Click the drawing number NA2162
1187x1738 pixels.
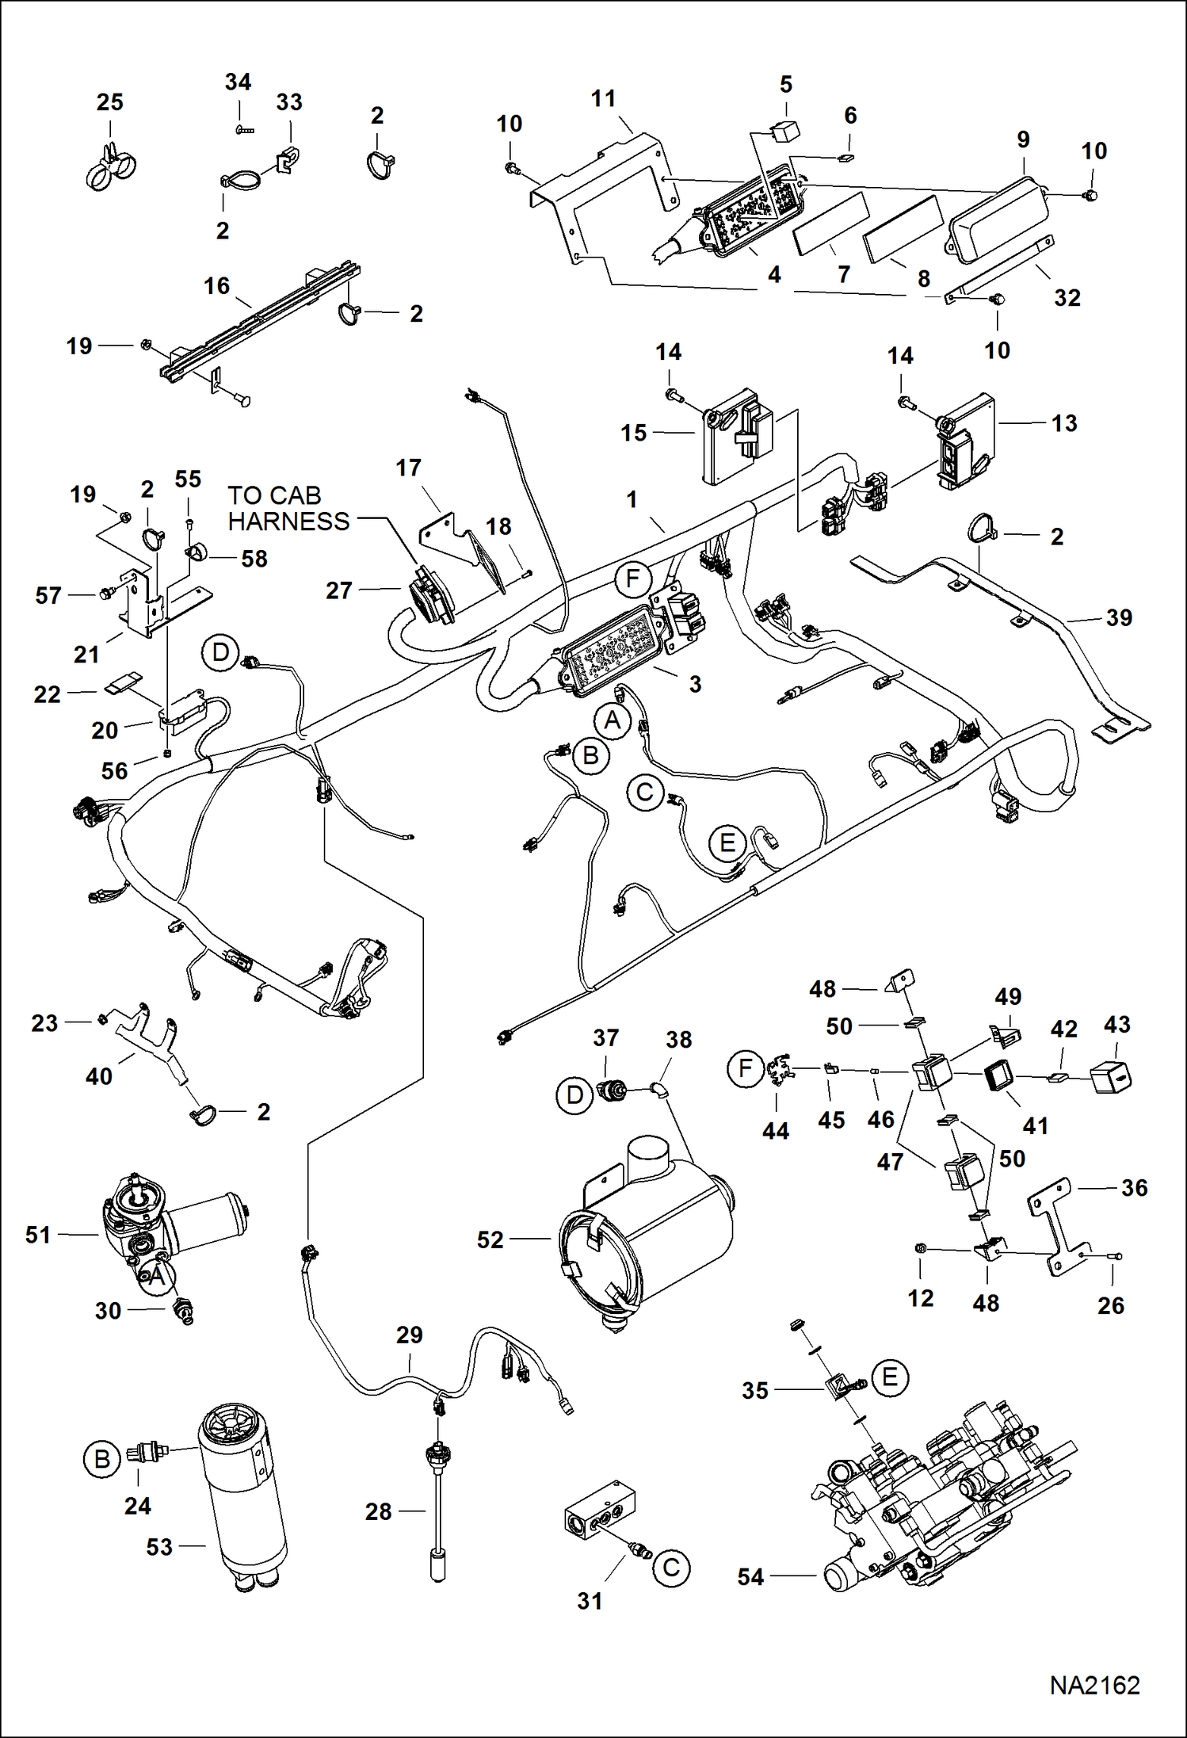tap(1094, 1685)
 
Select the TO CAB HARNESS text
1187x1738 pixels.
tap(288, 509)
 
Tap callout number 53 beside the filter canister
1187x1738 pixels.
tap(159, 1546)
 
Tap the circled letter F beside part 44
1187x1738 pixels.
tap(745, 1069)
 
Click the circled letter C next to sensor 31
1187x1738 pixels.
tap(671, 1568)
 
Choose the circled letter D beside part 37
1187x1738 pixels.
tap(574, 1096)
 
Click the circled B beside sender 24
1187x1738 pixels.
tap(102, 1459)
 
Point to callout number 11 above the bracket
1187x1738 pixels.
tap(603, 99)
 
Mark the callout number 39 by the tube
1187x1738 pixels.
tap(1118, 617)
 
